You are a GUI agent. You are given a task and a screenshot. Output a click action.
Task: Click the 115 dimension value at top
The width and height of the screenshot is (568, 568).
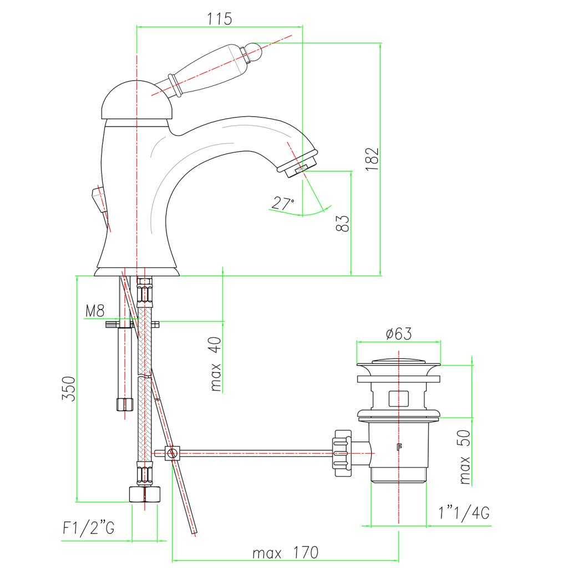tap(220, 18)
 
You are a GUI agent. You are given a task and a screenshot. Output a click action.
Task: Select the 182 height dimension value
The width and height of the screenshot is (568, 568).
tap(372, 159)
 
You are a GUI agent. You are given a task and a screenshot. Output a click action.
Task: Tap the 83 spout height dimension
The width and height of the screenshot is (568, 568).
tap(342, 223)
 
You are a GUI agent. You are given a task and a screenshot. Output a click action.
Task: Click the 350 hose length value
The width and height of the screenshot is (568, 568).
tap(68, 388)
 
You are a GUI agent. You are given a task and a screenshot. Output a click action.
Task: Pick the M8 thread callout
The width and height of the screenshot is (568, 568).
tap(95, 311)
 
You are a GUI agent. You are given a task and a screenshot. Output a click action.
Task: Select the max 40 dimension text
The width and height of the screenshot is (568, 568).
tap(216, 364)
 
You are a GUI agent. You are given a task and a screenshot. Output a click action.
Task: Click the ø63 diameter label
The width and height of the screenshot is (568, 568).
tap(399, 333)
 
